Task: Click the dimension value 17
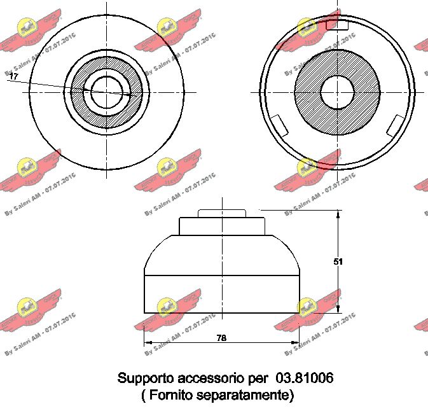tap(14, 76)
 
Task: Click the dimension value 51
tap(338, 261)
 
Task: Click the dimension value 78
tap(221, 338)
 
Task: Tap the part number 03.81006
tap(305, 378)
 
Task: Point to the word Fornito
tap(169, 395)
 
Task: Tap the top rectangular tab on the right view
tap(336, 25)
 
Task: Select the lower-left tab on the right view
tap(279, 125)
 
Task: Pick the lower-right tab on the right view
tap(396, 125)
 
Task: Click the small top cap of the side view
tap(221, 213)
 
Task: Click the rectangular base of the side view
tap(221, 293)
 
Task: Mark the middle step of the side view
tap(221, 226)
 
